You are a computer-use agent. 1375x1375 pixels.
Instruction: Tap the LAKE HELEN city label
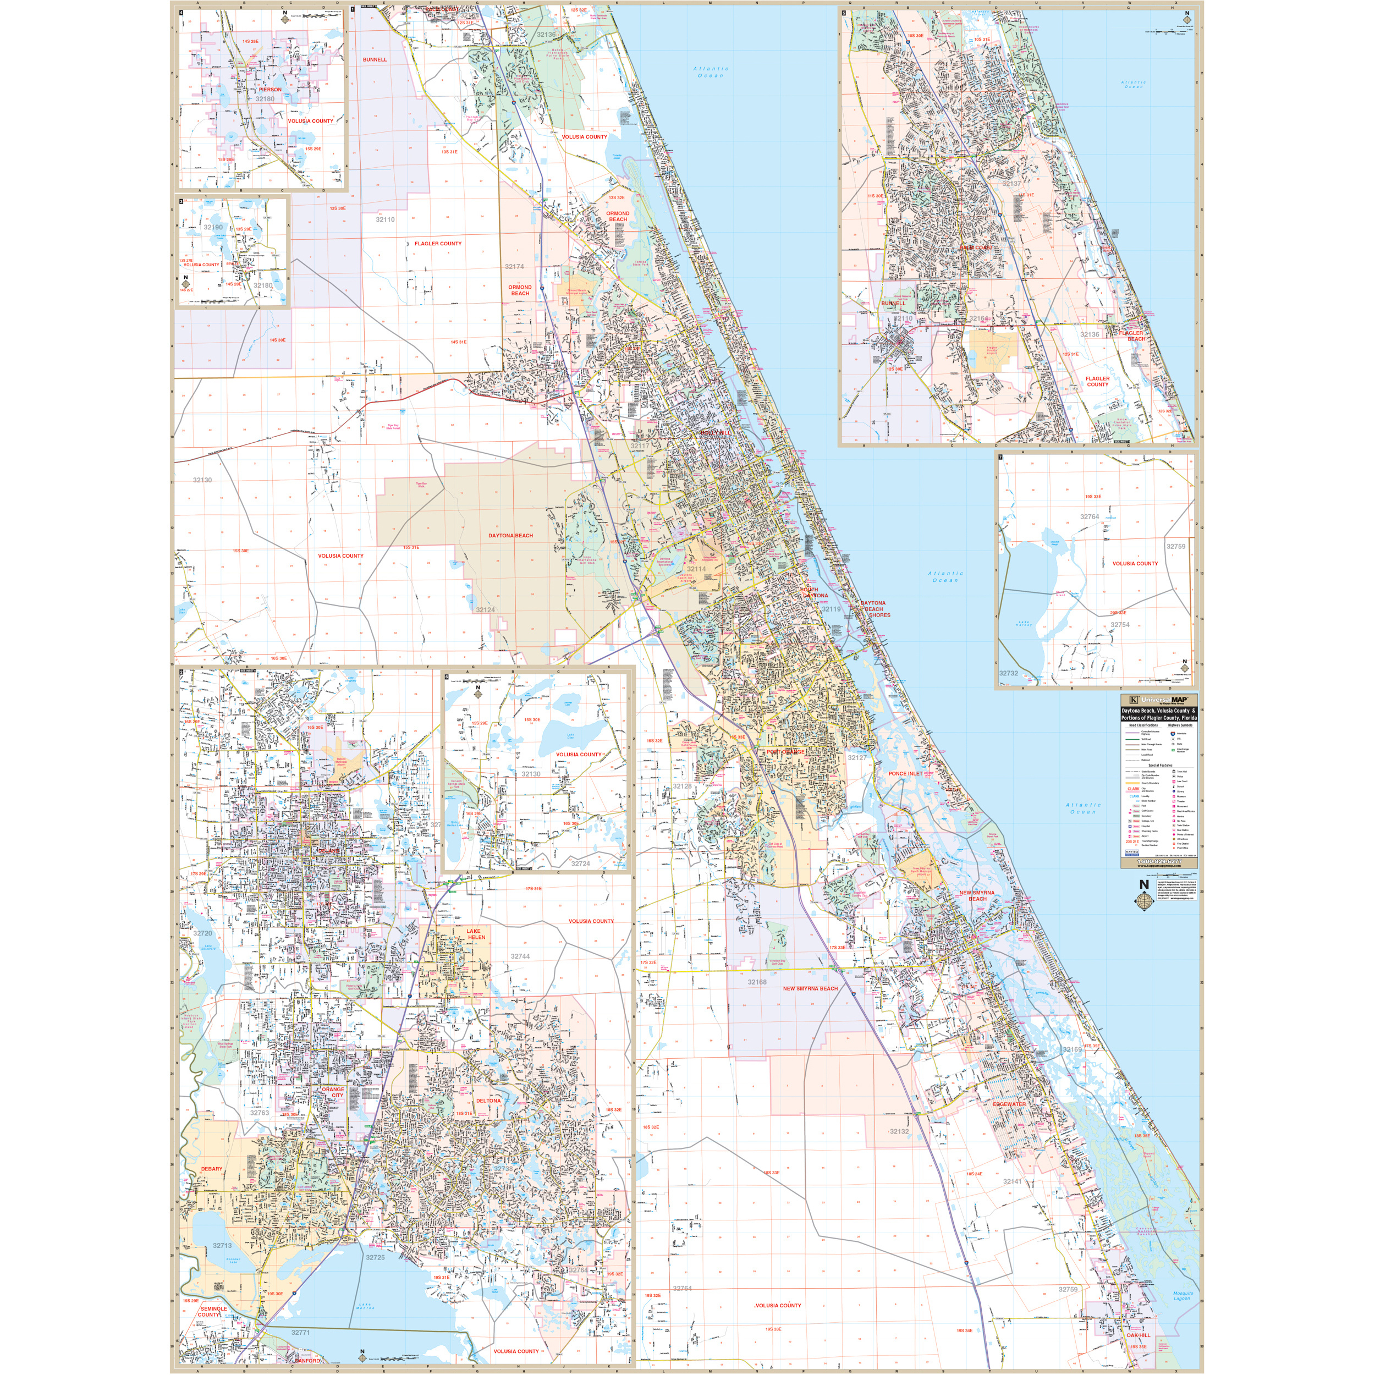click(474, 934)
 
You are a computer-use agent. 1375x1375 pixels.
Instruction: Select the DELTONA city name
click(488, 1101)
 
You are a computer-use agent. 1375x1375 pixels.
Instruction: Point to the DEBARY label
click(211, 1169)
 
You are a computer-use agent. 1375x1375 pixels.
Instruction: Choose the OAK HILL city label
click(1138, 1335)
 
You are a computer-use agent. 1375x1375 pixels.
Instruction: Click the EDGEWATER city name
click(1010, 1104)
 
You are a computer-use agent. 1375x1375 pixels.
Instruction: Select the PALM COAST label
click(975, 248)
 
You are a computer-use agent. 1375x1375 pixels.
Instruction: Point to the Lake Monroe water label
click(365, 1306)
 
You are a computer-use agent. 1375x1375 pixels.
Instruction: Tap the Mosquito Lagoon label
click(1181, 1296)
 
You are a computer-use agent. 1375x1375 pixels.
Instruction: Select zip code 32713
click(222, 1245)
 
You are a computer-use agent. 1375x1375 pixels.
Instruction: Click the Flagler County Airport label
click(992, 350)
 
